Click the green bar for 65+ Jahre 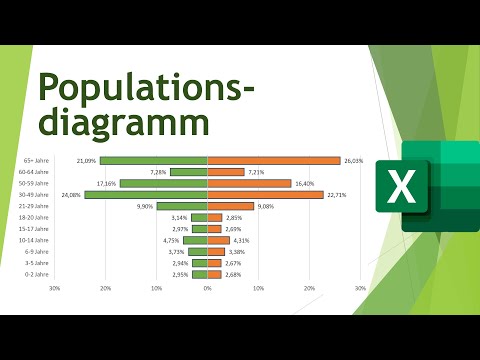[153, 160]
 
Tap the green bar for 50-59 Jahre [163, 183]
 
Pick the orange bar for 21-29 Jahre [230, 206]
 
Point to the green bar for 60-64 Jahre [188, 172]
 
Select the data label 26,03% [353, 160]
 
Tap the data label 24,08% [70, 195]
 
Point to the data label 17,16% [106, 183]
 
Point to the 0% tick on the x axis [207, 289]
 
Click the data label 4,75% [171, 240]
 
